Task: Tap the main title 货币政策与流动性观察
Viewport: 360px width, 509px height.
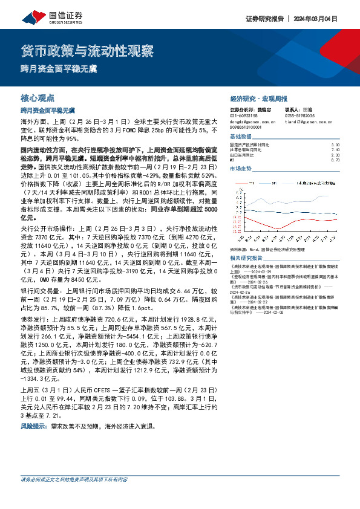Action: point(87,50)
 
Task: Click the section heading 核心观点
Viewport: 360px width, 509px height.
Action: point(38,97)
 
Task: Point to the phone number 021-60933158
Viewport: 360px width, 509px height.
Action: point(244,115)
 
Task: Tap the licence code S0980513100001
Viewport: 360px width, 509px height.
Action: point(249,126)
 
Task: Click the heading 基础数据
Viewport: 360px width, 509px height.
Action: point(241,137)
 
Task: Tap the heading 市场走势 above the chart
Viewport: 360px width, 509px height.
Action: point(241,169)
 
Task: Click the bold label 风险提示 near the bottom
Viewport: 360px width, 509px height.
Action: point(34,426)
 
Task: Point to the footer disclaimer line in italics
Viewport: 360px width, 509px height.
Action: point(74,496)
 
